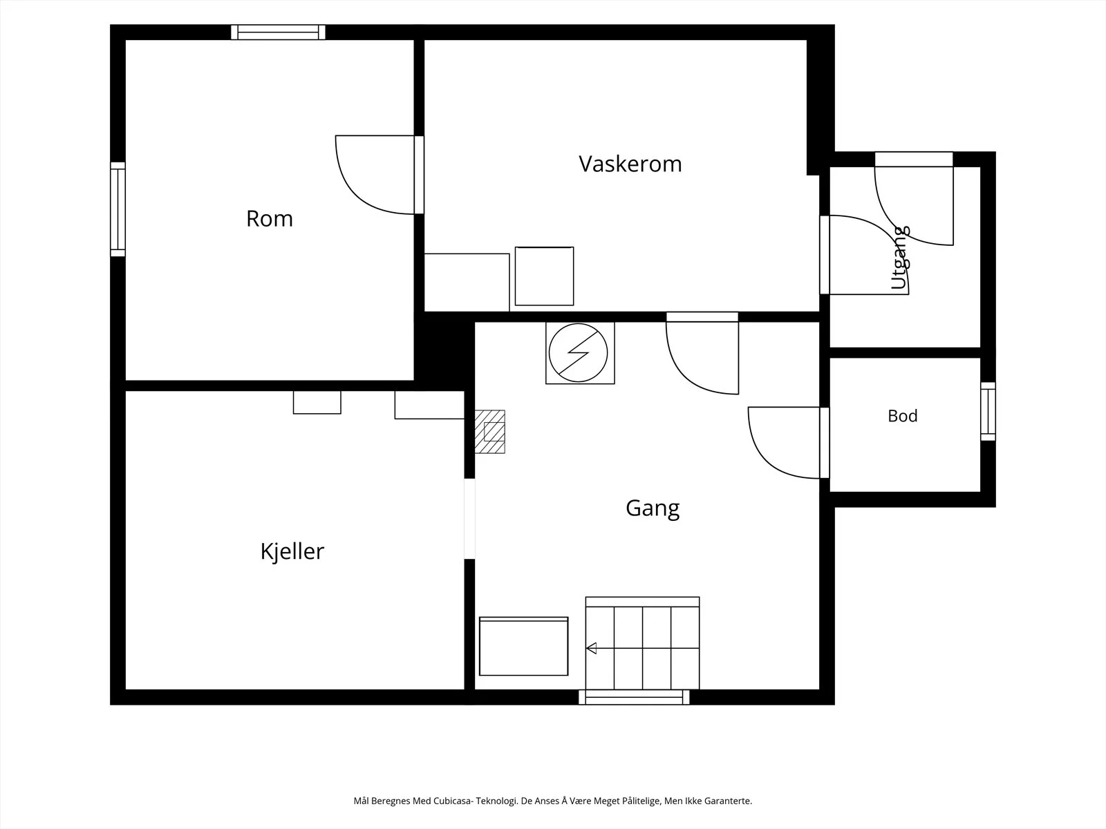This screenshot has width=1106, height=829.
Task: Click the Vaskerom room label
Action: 630,164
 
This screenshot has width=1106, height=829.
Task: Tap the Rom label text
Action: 269,219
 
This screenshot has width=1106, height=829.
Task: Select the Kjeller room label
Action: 292,551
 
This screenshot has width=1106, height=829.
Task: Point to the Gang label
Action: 653,508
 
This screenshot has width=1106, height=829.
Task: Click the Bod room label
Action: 903,416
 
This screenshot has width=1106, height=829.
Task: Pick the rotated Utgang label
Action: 900,257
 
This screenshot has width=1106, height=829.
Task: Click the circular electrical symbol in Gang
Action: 578,353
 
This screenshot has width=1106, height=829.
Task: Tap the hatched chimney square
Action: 490,432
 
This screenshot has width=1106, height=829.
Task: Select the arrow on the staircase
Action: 592,648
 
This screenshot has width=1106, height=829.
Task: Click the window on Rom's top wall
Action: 278,32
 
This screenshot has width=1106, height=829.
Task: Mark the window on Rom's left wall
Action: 118,209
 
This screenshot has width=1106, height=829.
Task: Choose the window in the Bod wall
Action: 988,411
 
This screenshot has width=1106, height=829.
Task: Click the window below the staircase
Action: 634,697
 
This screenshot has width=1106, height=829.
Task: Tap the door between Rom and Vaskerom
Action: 379,175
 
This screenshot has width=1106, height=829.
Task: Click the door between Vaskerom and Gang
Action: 702,353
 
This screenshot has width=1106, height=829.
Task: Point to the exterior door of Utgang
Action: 914,198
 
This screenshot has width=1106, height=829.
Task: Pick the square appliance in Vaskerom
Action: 544,276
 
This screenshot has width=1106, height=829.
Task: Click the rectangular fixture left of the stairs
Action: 523,647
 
